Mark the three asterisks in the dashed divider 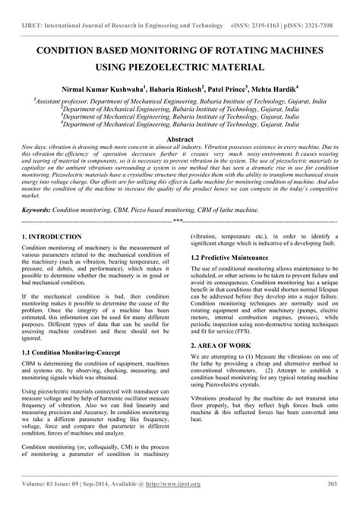179,220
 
